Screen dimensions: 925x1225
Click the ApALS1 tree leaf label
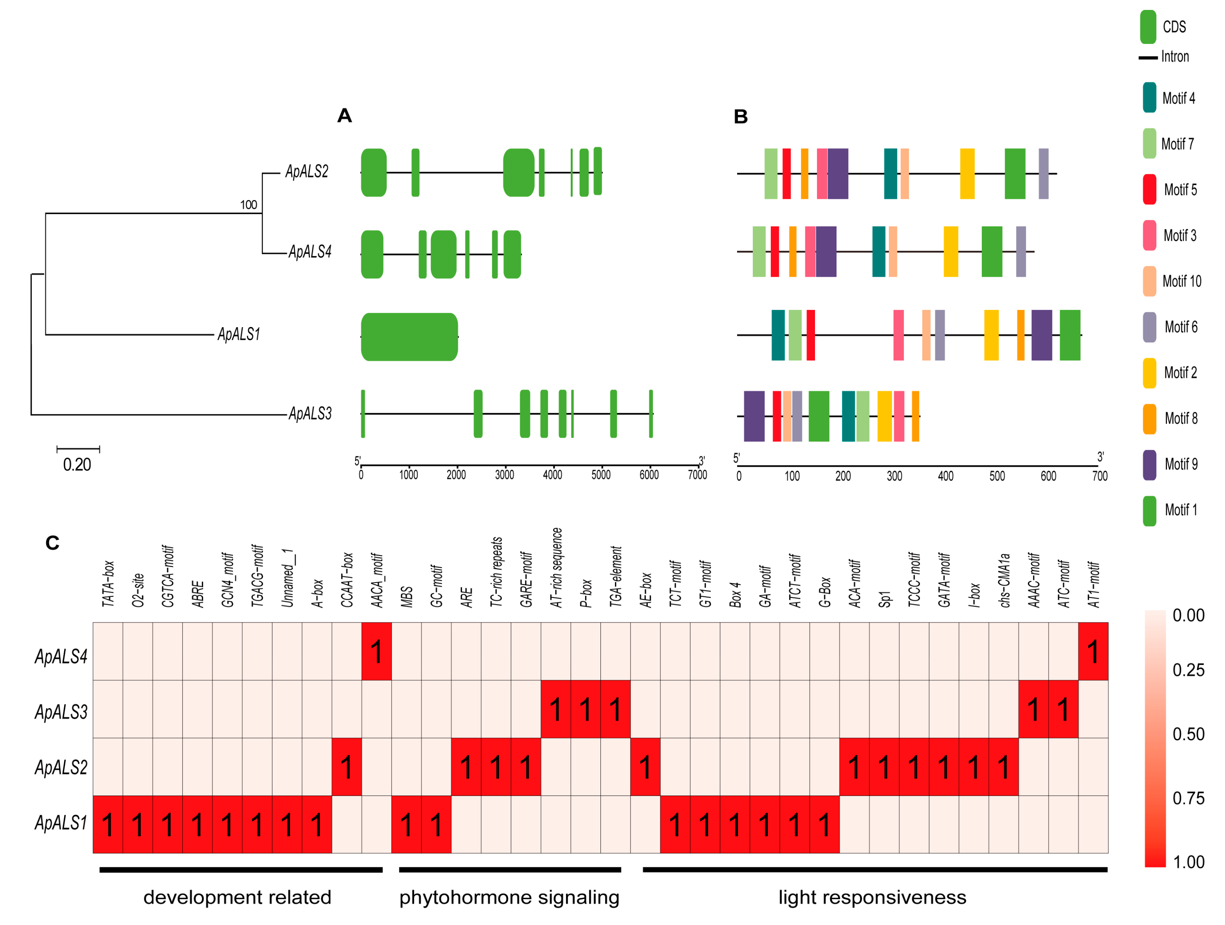[239, 334]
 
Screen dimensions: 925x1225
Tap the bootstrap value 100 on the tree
[249, 205]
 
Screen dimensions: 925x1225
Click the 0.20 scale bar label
[77, 464]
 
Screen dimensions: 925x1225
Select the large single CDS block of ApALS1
[409, 337]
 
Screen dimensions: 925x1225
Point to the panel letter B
[741, 117]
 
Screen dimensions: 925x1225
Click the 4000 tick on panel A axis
[552, 475]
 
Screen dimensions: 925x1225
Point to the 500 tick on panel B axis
[997, 476]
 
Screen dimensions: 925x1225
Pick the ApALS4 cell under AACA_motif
[376, 651]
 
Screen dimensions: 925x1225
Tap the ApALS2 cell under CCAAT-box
[347, 767]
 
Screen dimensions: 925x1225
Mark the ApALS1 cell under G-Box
[825, 824]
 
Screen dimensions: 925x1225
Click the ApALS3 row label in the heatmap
[61, 712]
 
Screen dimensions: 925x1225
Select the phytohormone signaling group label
[509, 897]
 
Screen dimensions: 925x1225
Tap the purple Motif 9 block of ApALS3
[754, 416]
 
